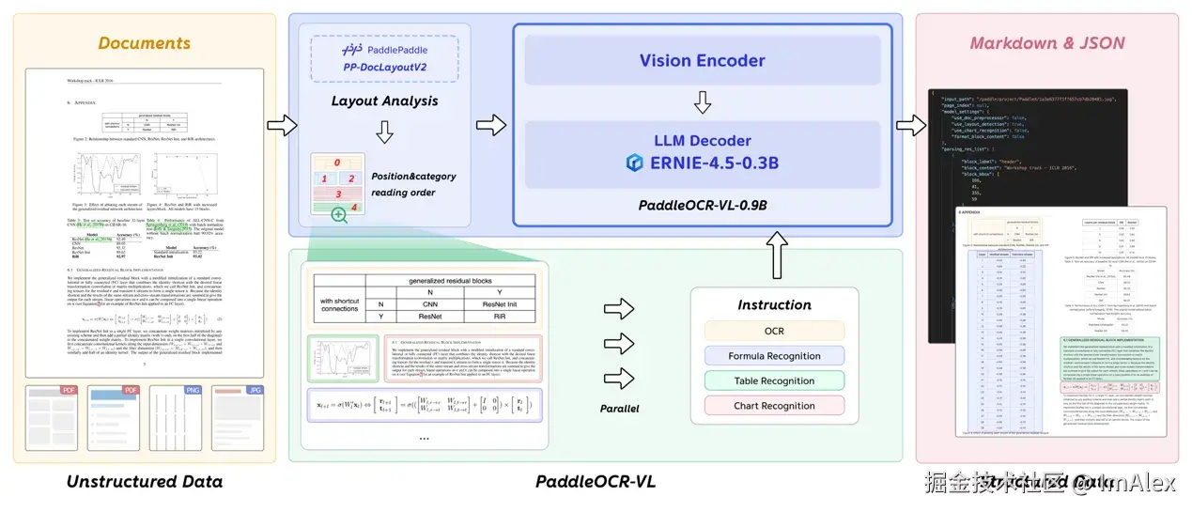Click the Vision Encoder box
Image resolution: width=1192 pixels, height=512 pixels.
point(702,60)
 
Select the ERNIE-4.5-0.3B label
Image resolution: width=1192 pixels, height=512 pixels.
point(713,162)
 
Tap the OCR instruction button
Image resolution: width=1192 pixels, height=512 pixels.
point(773,332)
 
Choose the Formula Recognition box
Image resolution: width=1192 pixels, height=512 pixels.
point(773,356)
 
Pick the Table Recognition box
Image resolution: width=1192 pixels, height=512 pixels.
point(773,381)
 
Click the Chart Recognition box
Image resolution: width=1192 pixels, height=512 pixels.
point(773,406)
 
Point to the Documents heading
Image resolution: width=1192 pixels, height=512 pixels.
point(144,42)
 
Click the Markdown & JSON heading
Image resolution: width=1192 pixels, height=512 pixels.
point(1046,42)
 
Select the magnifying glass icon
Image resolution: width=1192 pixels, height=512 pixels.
point(338,215)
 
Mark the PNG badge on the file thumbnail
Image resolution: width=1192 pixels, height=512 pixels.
point(194,389)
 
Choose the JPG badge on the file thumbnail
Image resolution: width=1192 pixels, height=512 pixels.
point(255,389)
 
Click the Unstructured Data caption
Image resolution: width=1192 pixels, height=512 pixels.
point(144,482)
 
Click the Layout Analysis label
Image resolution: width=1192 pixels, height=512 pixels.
point(384,101)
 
